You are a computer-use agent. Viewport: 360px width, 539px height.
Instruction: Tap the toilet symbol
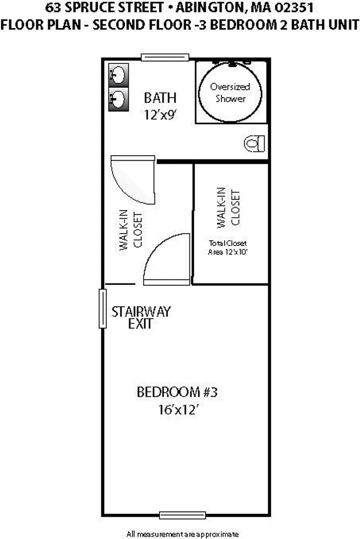[x=254, y=143]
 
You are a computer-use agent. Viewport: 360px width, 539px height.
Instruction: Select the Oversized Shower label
[x=230, y=92]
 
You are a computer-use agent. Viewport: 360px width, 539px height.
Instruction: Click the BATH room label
[x=160, y=98]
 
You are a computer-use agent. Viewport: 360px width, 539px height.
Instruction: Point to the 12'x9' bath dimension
[x=160, y=114]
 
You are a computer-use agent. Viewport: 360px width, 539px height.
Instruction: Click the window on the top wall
[x=165, y=57]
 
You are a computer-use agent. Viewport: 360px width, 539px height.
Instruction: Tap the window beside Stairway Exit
[x=102, y=309]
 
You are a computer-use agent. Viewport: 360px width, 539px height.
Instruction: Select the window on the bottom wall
[x=182, y=515]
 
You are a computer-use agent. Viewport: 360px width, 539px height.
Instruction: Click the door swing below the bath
[x=133, y=180]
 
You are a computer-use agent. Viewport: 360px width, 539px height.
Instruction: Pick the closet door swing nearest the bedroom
[x=167, y=260]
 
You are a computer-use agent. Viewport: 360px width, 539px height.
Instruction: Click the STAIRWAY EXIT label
[x=141, y=317]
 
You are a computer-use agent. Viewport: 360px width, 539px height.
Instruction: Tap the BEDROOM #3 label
[x=177, y=392]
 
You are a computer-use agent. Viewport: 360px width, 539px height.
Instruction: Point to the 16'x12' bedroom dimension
[x=179, y=410]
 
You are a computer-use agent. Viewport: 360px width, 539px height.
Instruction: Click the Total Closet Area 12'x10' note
[x=228, y=248]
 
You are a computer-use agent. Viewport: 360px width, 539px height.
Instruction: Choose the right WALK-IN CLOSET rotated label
[x=228, y=208]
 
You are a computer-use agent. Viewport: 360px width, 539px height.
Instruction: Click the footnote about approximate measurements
[x=182, y=534]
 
